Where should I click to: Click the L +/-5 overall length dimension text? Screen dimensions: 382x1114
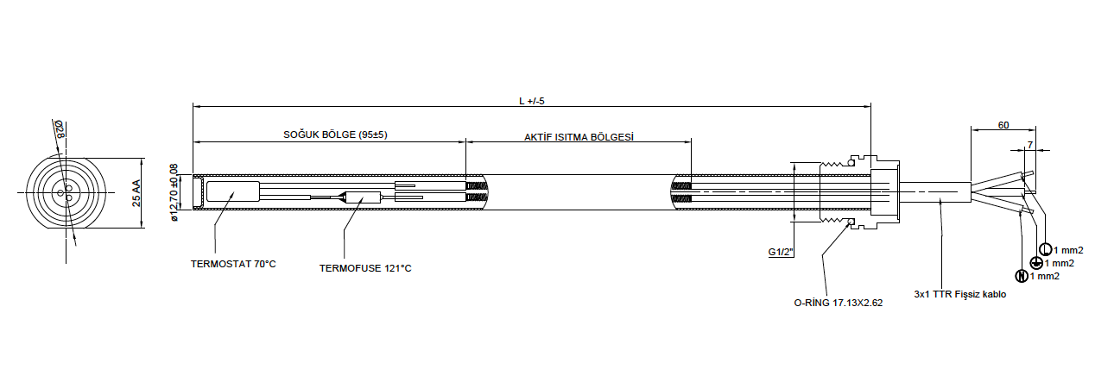(532, 101)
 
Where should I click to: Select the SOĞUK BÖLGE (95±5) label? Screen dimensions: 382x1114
(335, 135)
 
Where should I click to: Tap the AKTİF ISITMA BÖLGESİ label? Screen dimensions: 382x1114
(579, 137)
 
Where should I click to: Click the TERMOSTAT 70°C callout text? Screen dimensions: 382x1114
(233, 264)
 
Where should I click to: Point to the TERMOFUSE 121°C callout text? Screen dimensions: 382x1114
(365, 268)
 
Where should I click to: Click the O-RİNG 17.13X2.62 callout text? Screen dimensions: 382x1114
(838, 304)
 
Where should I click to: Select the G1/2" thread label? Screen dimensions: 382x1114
(781, 253)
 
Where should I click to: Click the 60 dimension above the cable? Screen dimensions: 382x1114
(1003, 125)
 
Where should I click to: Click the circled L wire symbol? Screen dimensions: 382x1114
(1047, 250)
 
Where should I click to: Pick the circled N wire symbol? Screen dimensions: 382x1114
(1022, 276)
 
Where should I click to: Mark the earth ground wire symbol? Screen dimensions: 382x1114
(1036, 263)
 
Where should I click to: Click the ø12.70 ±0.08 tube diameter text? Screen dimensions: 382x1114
(174, 193)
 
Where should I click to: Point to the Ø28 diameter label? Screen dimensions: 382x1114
(60, 130)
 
